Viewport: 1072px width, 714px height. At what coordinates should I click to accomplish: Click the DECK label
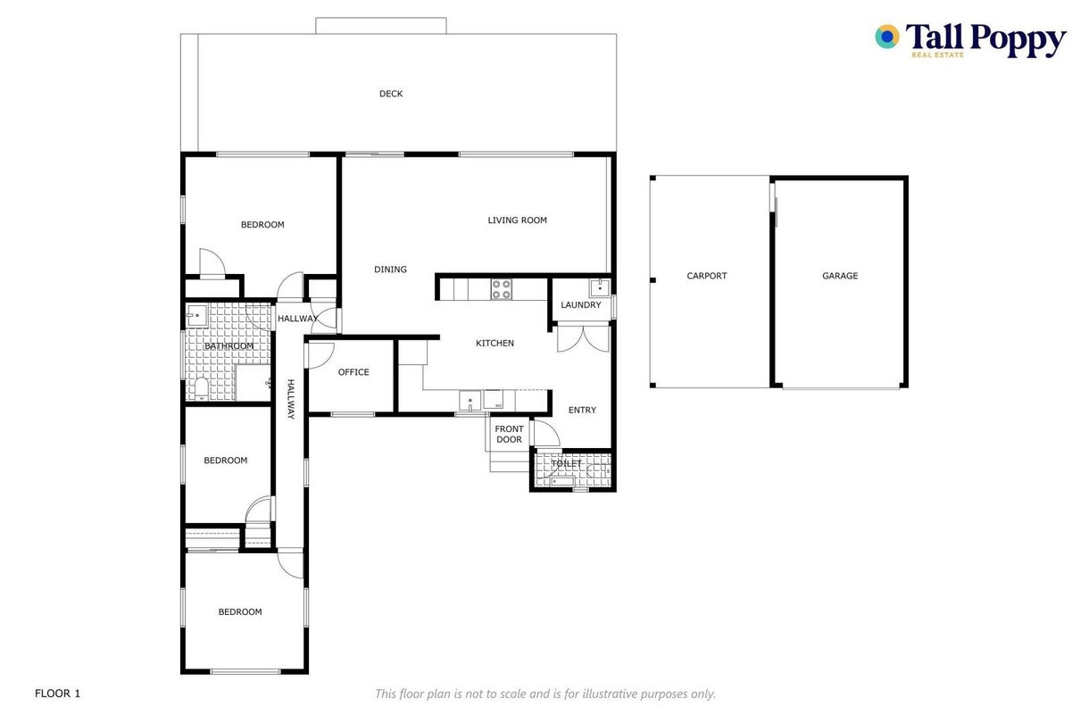391,94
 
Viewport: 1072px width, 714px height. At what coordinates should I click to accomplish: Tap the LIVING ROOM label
517,220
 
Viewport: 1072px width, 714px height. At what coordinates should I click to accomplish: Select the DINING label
390,270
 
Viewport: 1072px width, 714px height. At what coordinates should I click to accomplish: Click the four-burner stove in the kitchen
501,289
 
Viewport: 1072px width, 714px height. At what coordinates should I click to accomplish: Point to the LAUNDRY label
580,305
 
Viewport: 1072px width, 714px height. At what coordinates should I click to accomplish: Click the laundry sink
600,288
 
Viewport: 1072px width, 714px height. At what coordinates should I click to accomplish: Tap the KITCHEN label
494,343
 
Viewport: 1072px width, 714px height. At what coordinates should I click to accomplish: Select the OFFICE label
353,372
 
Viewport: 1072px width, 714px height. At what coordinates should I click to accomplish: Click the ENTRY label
582,411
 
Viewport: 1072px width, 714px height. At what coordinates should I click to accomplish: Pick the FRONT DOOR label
509,434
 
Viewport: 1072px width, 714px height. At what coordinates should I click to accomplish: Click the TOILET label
566,463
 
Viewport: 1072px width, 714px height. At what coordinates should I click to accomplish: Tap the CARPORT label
706,276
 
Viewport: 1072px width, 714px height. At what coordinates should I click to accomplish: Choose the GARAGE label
840,276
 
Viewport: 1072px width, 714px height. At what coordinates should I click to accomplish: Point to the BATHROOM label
229,346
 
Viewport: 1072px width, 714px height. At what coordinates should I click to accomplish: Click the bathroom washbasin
196,316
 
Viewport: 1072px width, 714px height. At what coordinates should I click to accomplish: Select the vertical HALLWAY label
290,399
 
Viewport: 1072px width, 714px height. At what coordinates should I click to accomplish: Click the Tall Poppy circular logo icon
887,37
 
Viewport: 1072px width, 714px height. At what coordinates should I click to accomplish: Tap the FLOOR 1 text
57,693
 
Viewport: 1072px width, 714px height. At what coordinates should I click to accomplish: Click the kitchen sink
470,401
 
